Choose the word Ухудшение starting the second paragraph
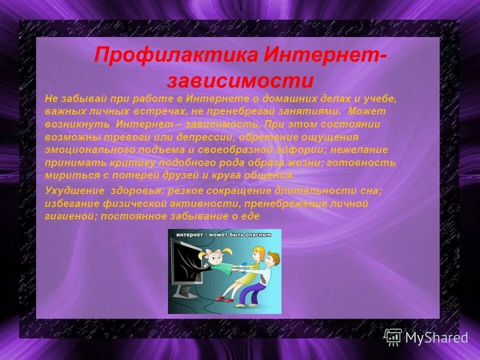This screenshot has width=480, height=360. [x=72, y=190]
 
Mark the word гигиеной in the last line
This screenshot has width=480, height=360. [x=69, y=216]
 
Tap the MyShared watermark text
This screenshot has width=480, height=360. [x=436, y=337]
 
